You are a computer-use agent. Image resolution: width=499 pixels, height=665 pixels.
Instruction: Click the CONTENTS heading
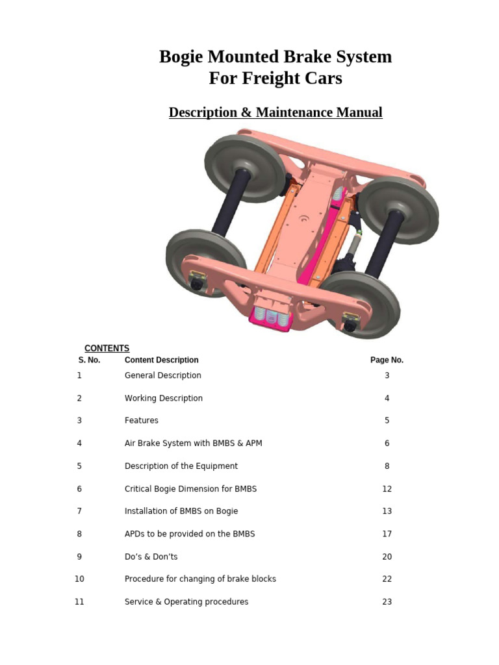[107, 348]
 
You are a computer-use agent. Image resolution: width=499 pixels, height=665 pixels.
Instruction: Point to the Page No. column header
[387, 360]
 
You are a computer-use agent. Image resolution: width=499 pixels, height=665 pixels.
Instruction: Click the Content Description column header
[161, 360]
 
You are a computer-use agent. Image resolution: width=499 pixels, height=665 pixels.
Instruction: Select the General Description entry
[162, 375]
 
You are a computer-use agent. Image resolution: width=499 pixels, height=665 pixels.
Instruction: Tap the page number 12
[387, 488]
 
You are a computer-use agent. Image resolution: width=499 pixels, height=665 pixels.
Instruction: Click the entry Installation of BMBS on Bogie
[181, 511]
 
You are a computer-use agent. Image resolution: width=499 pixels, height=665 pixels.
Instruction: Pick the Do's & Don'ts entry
[151, 557]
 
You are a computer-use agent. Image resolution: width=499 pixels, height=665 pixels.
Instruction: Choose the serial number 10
[79, 579]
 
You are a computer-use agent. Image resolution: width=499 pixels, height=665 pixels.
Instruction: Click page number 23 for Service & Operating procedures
[387, 601]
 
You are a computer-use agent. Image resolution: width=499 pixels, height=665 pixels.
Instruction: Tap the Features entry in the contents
[141, 420]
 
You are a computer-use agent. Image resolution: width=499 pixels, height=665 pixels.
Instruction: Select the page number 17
[387, 534]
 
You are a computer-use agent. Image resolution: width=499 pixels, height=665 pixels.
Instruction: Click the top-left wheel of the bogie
[244, 168]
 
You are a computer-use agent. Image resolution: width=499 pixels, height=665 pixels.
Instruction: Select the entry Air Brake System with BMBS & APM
[193, 443]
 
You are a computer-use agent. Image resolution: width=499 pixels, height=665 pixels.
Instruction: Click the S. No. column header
[89, 360]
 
